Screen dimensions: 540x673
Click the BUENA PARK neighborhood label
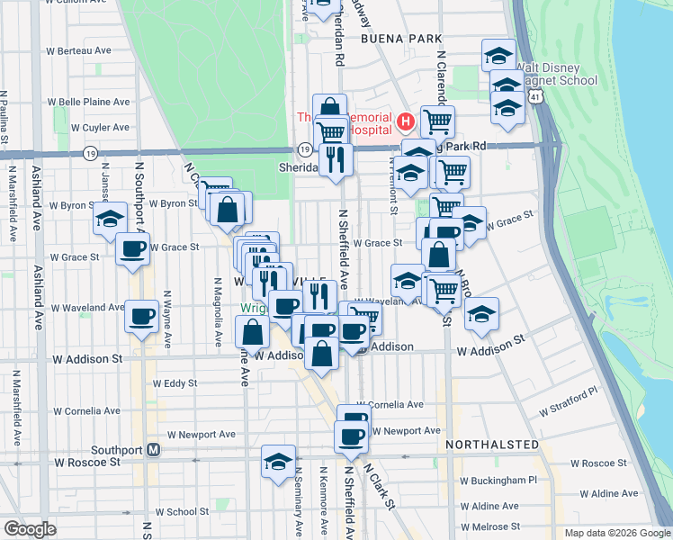[x=401, y=39]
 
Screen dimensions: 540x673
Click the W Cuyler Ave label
[x=101, y=128]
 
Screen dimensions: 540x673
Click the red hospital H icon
[x=405, y=121]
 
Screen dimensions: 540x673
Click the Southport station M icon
[x=153, y=450]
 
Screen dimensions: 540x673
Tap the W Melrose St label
[x=489, y=526]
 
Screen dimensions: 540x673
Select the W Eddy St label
[x=175, y=383]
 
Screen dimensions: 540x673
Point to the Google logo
[x=30, y=529]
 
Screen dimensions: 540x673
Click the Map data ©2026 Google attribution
[x=616, y=533]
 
